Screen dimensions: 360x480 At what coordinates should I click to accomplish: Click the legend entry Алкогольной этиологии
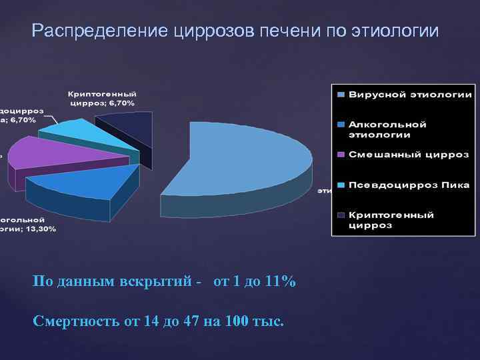387,129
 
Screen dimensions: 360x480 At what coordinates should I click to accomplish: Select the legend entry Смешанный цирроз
408,155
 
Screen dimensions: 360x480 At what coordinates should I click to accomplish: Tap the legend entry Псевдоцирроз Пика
409,185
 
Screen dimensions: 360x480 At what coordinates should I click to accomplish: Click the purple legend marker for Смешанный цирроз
341,155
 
